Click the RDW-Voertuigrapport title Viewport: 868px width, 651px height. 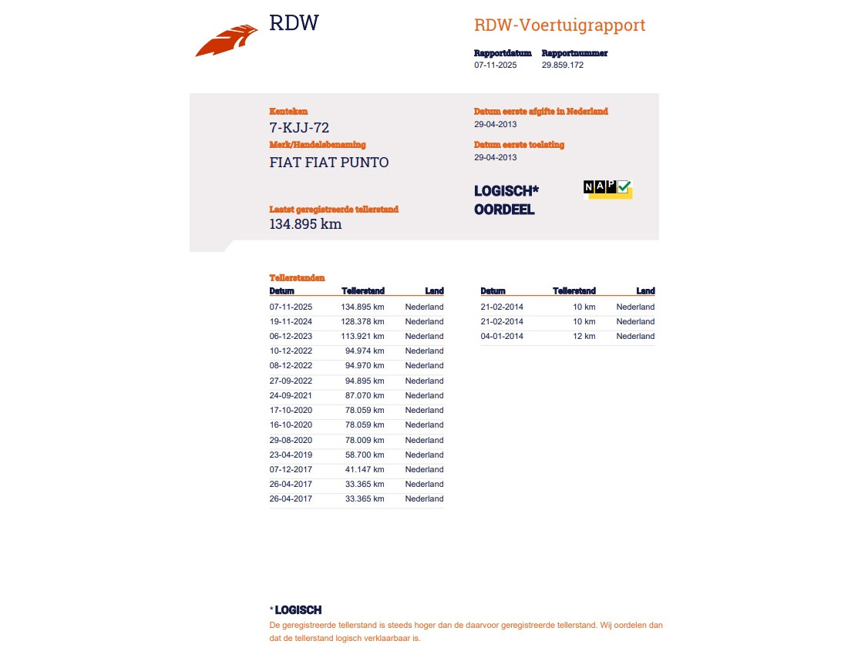(x=560, y=25)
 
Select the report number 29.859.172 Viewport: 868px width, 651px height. (x=562, y=65)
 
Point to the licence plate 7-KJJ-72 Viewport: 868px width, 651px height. (x=299, y=128)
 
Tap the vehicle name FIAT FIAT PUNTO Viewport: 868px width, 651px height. (x=329, y=163)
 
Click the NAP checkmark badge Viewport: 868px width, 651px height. (x=607, y=189)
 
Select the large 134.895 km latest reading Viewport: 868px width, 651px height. (x=305, y=224)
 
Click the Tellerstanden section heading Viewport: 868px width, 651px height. (x=297, y=277)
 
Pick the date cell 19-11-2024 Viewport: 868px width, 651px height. (x=291, y=321)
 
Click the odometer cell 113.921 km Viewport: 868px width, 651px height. (x=362, y=336)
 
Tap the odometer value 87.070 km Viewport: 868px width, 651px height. (x=364, y=395)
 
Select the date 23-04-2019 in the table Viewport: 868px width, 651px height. (x=291, y=455)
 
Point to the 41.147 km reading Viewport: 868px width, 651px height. (x=364, y=469)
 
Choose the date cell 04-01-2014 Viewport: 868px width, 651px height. (x=502, y=336)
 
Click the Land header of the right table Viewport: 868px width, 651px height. (x=645, y=291)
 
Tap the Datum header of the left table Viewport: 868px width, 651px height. (x=281, y=291)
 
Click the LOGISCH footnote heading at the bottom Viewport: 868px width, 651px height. (x=298, y=610)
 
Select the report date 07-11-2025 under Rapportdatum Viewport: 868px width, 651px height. (x=496, y=65)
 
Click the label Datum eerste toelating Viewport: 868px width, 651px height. (x=519, y=145)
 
